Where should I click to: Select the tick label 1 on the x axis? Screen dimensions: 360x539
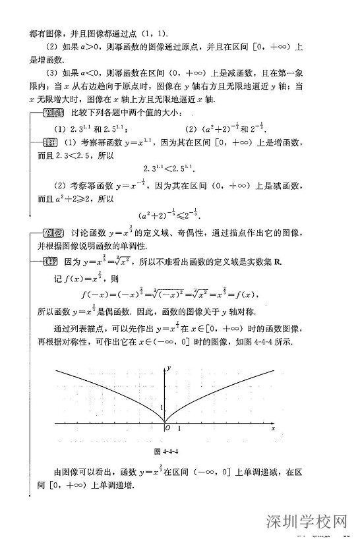point(181,429)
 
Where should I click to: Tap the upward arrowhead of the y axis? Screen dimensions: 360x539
point(165,364)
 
